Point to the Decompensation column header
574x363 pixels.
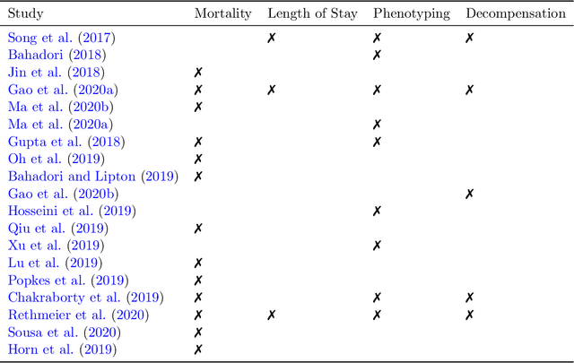coord(515,14)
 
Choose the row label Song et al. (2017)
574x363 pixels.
coord(61,38)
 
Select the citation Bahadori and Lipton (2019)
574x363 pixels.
coord(92,177)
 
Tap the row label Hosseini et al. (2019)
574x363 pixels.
coord(72,211)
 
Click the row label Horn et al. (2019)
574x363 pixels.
coord(62,350)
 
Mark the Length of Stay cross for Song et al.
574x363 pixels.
coord(271,38)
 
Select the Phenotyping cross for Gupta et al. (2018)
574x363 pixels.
coord(377,142)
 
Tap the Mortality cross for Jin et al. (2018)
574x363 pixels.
coord(198,73)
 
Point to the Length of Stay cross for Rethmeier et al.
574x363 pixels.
coord(271,315)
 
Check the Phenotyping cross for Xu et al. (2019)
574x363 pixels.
coord(377,246)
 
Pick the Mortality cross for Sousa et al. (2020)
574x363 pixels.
coord(198,333)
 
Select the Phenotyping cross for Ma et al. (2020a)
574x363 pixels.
coord(377,125)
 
